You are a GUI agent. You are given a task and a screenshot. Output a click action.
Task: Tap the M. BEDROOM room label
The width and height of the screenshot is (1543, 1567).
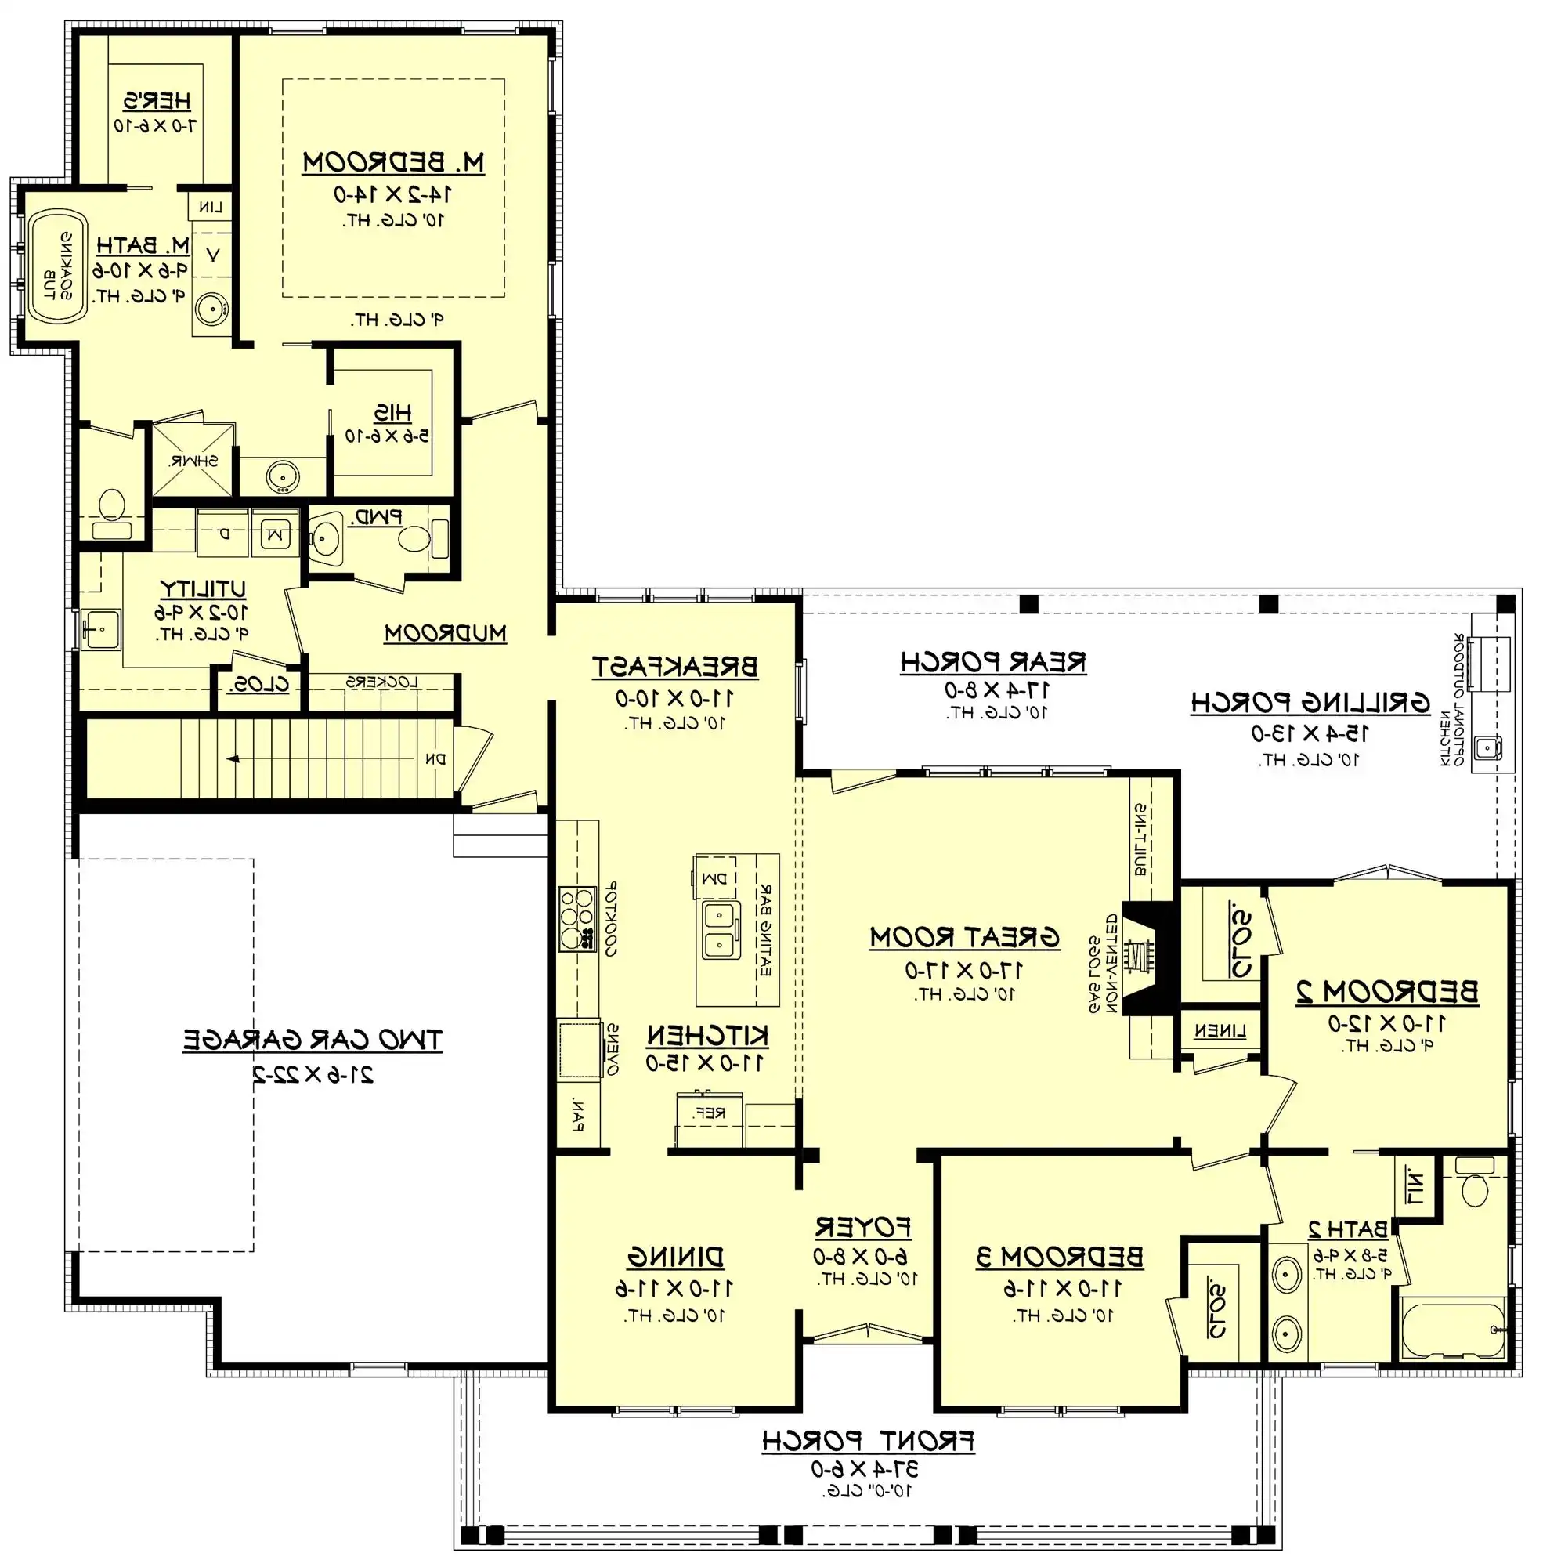click(393, 162)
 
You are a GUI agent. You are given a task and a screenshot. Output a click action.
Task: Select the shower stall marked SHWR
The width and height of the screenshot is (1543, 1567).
click(193, 460)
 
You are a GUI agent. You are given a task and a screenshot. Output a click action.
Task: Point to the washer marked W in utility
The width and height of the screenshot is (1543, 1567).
click(276, 534)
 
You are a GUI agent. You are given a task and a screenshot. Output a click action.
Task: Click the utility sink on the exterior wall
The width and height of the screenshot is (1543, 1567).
click(102, 628)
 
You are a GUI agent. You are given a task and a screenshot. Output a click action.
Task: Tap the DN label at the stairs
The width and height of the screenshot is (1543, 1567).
click(436, 759)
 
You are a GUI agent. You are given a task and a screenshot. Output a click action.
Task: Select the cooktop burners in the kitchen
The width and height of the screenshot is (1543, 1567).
click(576, 917)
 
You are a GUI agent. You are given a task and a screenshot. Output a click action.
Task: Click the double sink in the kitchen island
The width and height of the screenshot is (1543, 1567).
click(721, 930)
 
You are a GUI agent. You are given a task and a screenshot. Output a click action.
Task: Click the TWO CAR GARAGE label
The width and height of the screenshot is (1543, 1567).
click(312, 1039)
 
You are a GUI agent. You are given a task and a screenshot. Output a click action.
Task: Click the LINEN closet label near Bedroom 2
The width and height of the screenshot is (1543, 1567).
click(1219, 1031)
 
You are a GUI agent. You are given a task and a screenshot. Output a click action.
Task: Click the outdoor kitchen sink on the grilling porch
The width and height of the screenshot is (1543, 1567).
click(1487, 747)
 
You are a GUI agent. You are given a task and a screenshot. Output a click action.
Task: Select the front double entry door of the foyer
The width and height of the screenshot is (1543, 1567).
click(867, 1334)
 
